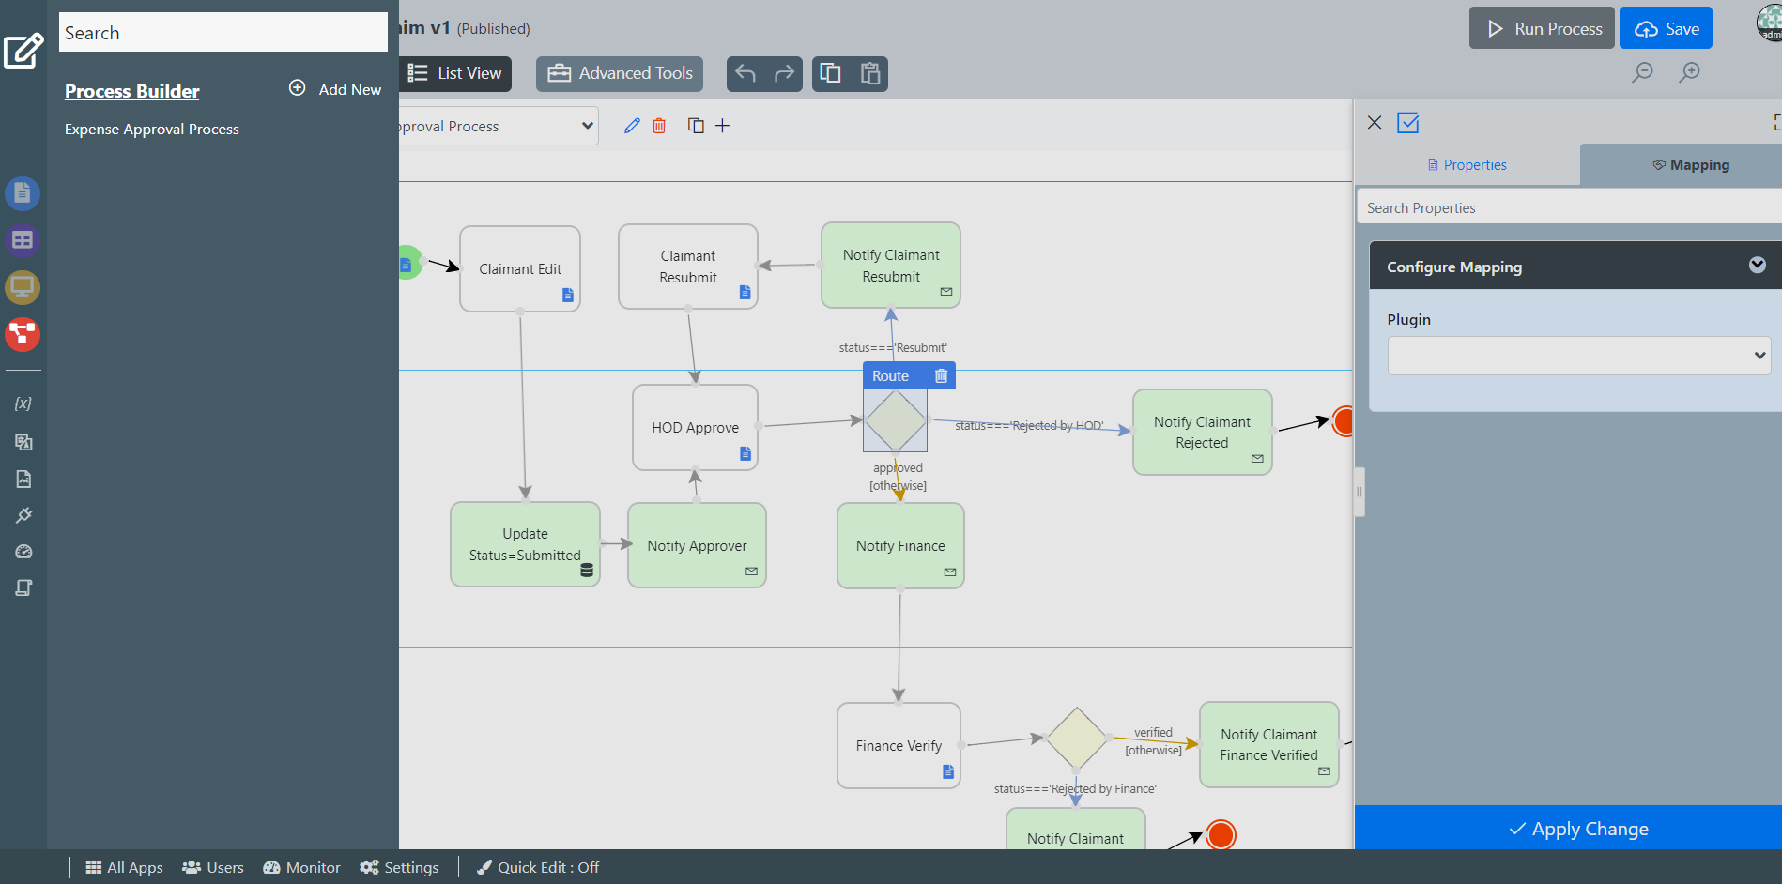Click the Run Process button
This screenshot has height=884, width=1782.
pyautogui.click(x=1542, y=29)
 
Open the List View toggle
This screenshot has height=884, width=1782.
pyautogui.click(x=456, y=73)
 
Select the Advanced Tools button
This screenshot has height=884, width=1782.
pyautogui.click(x=620, y=73)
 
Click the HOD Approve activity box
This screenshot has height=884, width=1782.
pyautogui.click(x=695, y=427)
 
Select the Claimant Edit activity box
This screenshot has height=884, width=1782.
pyautogui.click(x=519, y=268)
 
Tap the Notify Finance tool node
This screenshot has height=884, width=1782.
pyautogui.click(x=899, y=545)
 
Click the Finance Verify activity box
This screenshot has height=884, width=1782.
pyautogui.click(x=898, y=745)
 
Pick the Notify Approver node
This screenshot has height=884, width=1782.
pyautogui.click(x=697, y=545)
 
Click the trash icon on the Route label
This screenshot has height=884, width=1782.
pyautogui.click(x=941, y=376)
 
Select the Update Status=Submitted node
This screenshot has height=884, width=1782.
pyautogui.click(x=524, y=544)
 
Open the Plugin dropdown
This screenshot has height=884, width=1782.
pyautogui.click(x=1578, y=356)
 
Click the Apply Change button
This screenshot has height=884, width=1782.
pyautogui.click(x=1577, y=829)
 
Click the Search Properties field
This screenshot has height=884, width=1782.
pyautogui.click(x=1568, y=207)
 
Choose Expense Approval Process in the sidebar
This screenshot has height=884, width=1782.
pyautogui.click(x=152, y=130)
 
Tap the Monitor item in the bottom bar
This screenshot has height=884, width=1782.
pyautogui.click(x=301, y=867)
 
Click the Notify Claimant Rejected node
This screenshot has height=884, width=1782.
pyautogui.click(x=1202, y=432)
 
